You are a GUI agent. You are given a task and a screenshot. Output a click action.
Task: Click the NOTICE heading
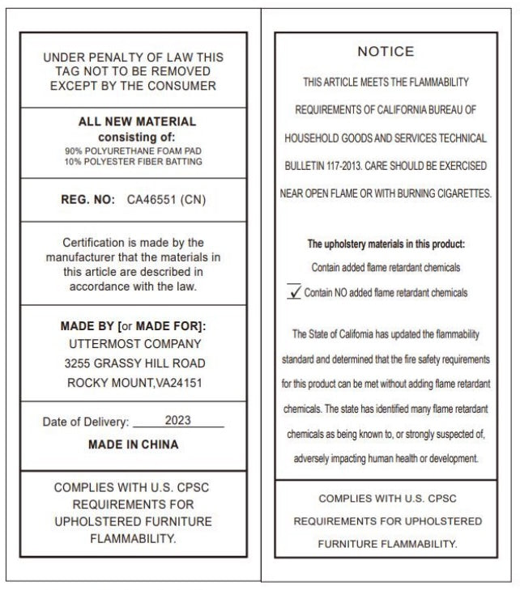pos(386,52)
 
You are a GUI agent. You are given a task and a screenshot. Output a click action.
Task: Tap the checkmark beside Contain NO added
pos(294,292)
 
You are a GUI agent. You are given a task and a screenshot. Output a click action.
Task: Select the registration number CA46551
pos(152,199)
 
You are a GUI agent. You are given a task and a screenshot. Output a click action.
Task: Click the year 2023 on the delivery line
pos(177,421)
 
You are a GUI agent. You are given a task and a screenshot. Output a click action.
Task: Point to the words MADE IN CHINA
pos(133,444)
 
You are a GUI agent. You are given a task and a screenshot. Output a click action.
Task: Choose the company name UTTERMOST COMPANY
pos(133,345)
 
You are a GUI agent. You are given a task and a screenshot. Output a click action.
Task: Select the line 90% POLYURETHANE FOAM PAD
pos(134,151)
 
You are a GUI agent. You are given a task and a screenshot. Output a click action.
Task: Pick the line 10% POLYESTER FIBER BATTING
pos(134,162)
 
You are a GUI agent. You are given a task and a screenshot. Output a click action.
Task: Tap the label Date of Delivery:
pos(86,422)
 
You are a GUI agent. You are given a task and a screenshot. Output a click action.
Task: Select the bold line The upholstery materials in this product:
pos(386,244)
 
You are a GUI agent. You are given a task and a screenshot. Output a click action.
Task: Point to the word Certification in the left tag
pos(96,243)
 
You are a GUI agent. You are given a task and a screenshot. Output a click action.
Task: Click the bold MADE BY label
pos(87,326)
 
